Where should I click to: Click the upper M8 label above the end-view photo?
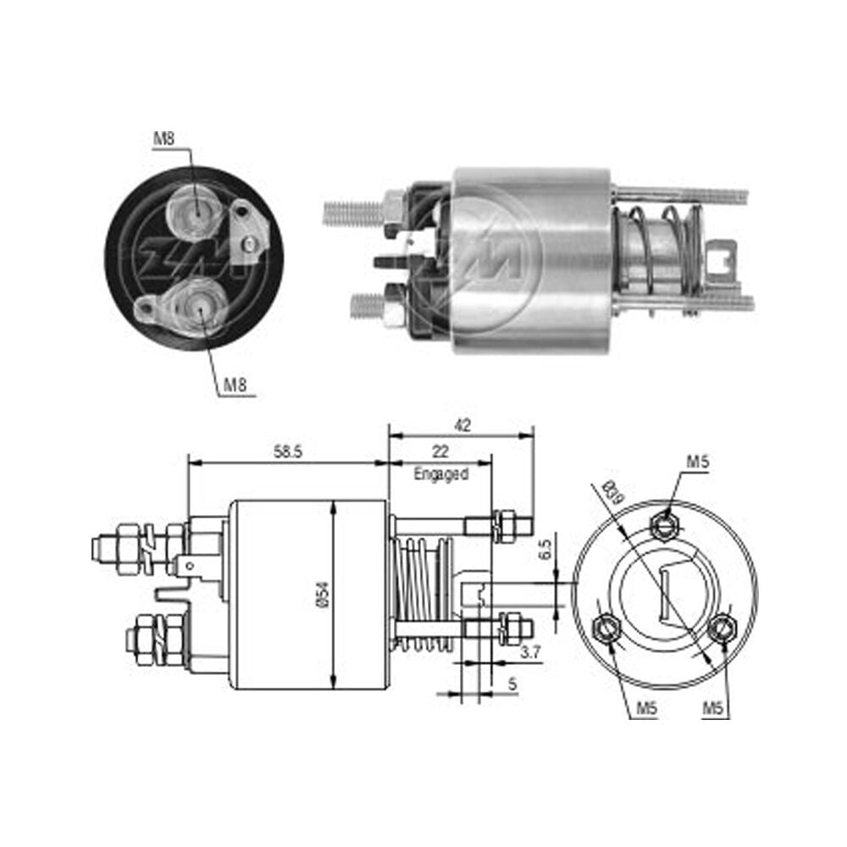[164, 138]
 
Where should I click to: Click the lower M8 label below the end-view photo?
[235, 385]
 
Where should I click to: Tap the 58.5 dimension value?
[287, 451]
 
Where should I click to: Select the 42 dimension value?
[462, 425]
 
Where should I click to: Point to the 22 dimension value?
[440, 451]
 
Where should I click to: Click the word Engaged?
[440, 474]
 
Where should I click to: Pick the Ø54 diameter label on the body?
[326, 595]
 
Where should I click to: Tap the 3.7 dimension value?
[530, 652]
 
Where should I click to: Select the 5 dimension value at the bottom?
[512, 684]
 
